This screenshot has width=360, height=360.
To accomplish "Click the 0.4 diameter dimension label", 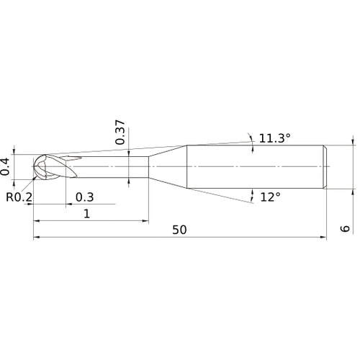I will tap(6, 166).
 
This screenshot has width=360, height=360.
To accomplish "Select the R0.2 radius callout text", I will tap(19, 196).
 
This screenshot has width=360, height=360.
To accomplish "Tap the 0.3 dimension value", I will tap(84, 197).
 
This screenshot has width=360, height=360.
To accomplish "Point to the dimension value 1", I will tap(87, 213).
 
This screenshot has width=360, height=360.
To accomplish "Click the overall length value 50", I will tap(180, 230).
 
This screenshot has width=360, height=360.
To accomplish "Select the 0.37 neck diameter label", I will tap(120, 132).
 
